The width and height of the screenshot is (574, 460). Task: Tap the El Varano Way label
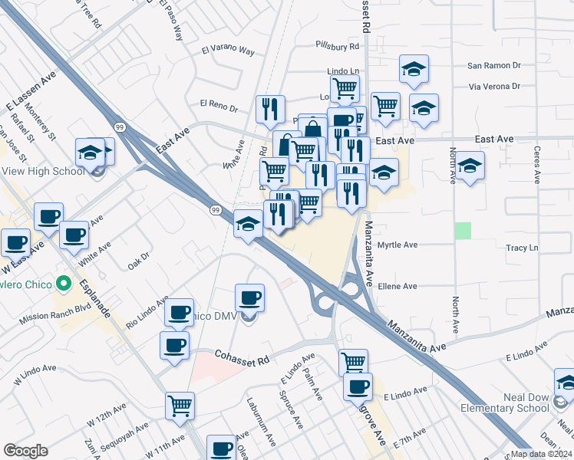point(228,51)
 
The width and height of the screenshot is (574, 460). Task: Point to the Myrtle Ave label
point(398,245)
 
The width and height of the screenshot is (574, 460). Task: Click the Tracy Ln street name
point(522,248)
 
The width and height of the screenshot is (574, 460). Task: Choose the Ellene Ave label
point(398,287)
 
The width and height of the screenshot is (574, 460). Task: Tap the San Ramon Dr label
point(494,66)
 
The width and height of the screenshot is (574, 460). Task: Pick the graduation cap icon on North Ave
point(470,165)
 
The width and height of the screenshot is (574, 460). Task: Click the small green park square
point(462,231)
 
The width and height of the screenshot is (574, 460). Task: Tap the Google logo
point(25,450)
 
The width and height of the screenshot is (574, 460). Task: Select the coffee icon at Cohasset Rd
point(175,345)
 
